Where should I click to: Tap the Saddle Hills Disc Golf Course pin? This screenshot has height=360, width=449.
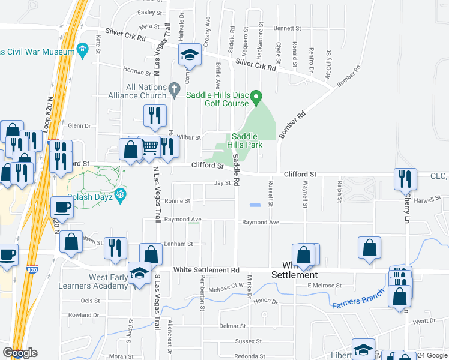coord(256,96)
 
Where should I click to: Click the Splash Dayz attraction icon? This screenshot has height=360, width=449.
coord(121,194)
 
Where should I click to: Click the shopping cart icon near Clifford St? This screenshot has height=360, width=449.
coord(150,146)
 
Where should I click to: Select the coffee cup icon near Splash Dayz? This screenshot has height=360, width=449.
coord(62,208)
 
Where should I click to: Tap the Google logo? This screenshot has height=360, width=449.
coord(20,353)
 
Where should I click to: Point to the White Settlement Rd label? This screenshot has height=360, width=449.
coord(206,270)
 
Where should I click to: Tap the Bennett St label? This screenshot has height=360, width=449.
coord(287,28)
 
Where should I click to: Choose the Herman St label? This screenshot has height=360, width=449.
coord(133,71)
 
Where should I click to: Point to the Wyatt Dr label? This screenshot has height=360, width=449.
coord(424,322)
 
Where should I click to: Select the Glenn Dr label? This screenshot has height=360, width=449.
coord(79,126)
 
